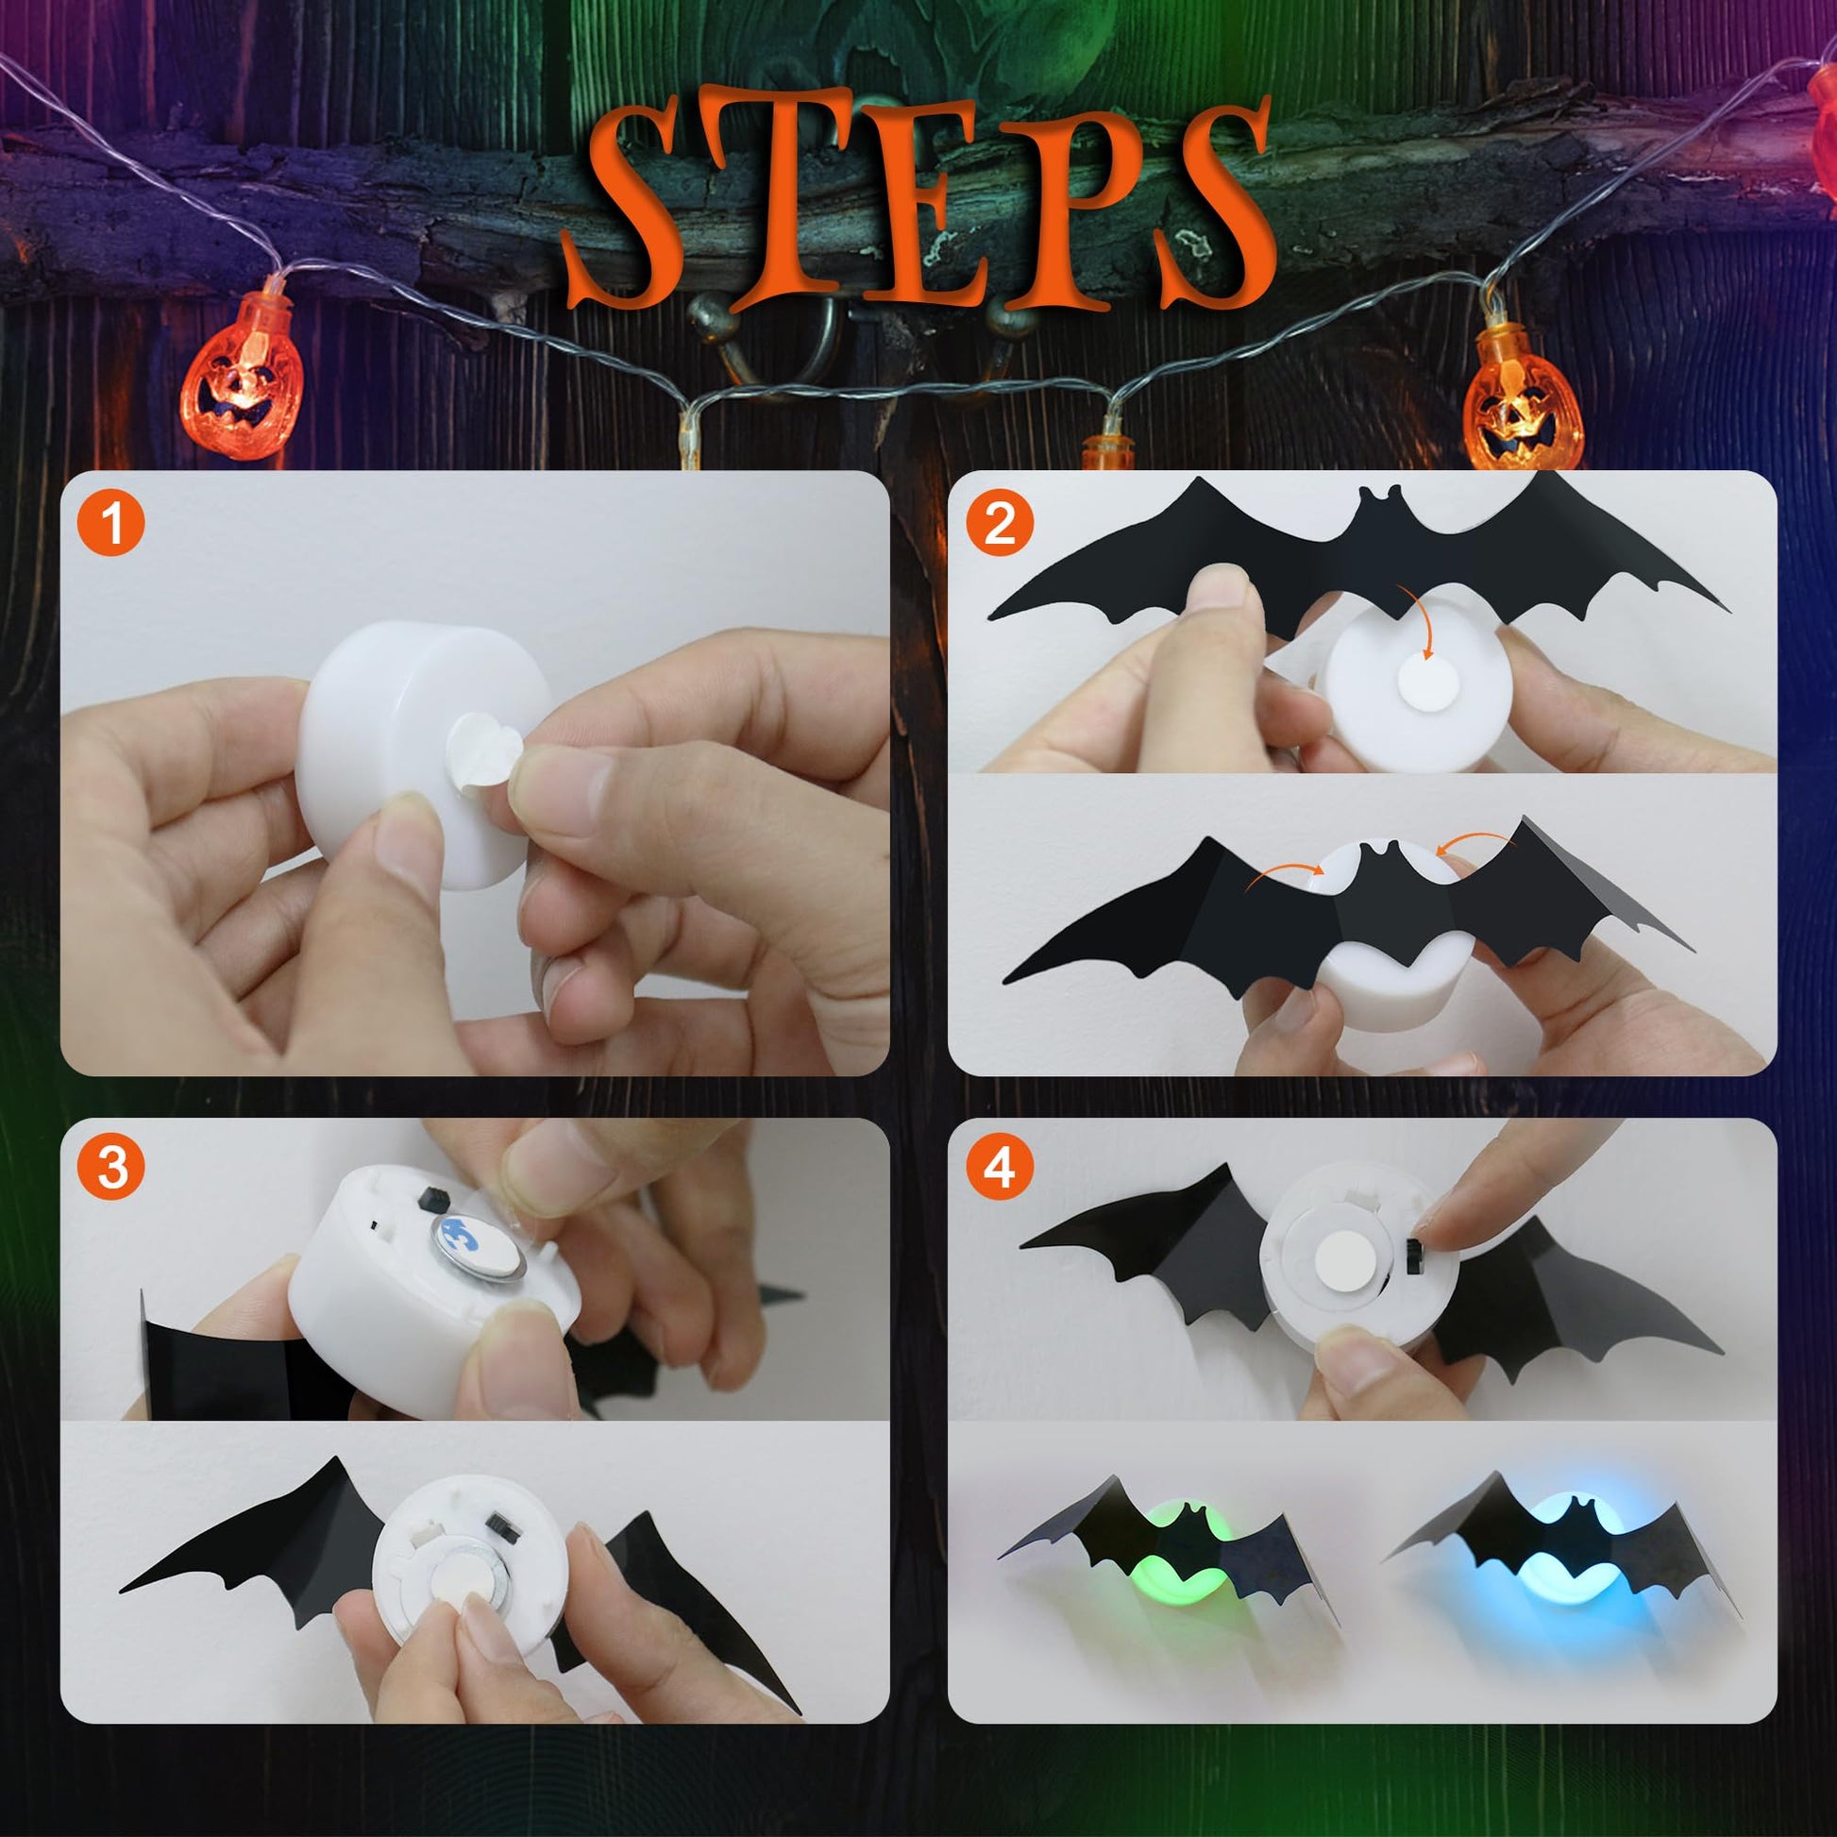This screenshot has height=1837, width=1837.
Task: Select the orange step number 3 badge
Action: (112, 1169)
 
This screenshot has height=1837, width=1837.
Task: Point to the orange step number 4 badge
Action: (1000, 1169)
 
